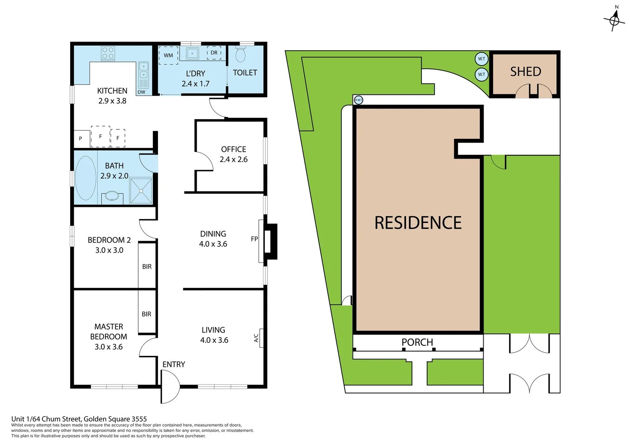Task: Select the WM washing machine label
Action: pyautogui.click(x=168, y=55)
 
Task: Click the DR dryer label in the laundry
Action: pyautogui.click(x=214, y=53)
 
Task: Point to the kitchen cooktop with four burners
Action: pyautogui.click(x=108, y=53)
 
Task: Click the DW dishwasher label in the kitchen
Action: pyautogui.click(x=141, y=92)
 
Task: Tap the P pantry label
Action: pyautogui.click(x=80, y=138)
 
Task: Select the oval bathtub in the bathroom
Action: pyautogui.click(x=86, y=178)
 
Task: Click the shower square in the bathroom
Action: pyautogui.click(x=141, y=191)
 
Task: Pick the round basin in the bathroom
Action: pyautogui.click(x=112, y=196)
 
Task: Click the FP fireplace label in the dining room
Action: pyautogui.click(x=254, y=239)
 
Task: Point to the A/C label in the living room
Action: pyautogui.click(x=256, y=338)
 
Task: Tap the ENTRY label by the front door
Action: pyautogui.click(x=174, y=364)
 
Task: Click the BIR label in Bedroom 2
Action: pyautogui.click(x=147, y=267)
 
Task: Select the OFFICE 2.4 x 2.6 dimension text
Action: pyautogui.click(x=233, y=159)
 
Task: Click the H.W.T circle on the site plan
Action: pyautogui.click(x=359, y=100)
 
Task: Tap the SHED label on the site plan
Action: pyautogui.click(x=525, y=72)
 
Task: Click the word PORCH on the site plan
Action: pyautogui.click(x=417, y=342)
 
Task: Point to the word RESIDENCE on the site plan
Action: pyautogui.click(x=418, y=223)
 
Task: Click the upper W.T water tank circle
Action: pyautogui.click(x=482, y=59)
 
